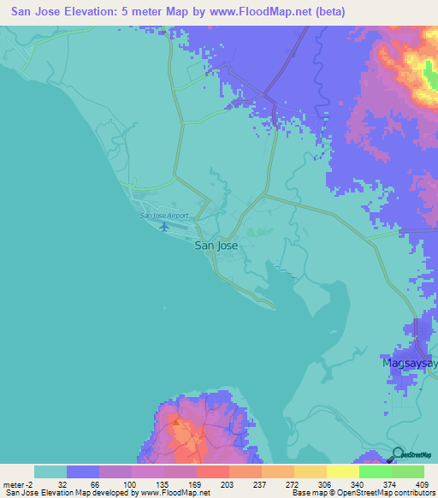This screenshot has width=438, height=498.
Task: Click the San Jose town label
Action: pyautogui.click(x=216, y=246)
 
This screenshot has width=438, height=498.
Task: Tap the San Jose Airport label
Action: pyautogui.click(x=163, y=215)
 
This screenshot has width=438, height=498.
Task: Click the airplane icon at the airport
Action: pyautogui.click(x=164, y=227)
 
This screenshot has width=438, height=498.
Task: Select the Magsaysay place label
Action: pyautogui.click(x=409, y=363)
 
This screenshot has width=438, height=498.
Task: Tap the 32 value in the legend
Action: pyautogui.click(x=62, y=483)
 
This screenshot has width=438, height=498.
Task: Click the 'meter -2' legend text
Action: pyautogui.click(x=17, y=483)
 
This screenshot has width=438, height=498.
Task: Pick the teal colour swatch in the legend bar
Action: pyautogui.click(x=50, y=471)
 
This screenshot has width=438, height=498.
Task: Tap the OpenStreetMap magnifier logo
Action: pyautogui.click(x=399, y=454)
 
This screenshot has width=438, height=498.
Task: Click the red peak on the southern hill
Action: pyautogui.click(x=175, y=421)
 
